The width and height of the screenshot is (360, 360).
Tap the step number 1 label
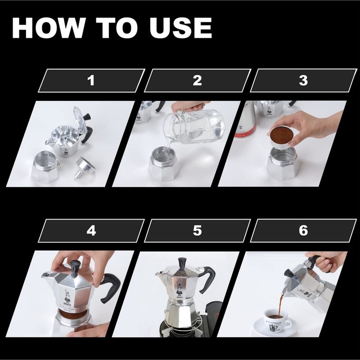pos(91,81)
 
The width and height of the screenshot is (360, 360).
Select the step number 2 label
pos(197,81)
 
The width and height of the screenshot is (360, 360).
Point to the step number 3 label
pos(303,81)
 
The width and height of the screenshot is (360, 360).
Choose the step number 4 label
pos(91,231)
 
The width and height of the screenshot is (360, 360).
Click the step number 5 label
pos(197,231)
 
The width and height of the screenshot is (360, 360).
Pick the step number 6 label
pos(303,231)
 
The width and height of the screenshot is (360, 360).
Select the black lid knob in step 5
pos(182,262)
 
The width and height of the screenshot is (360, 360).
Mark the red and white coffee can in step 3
pos(245,121)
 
